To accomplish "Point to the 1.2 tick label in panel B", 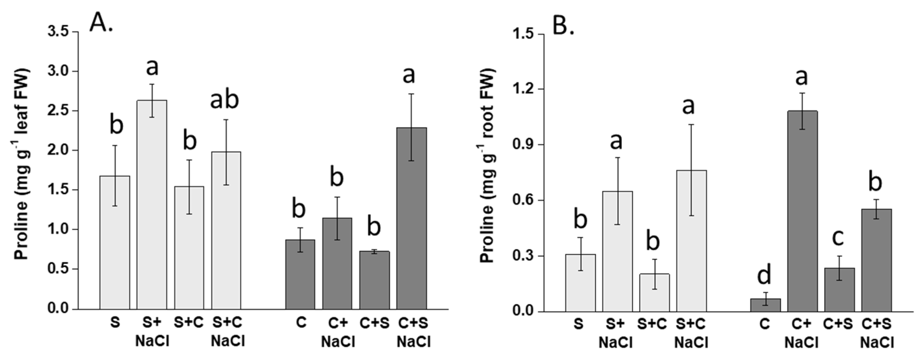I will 523,89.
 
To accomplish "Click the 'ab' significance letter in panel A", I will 224,100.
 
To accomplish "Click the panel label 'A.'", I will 101,22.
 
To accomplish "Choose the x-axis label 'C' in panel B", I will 764,324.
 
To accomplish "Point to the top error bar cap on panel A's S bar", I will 115,146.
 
